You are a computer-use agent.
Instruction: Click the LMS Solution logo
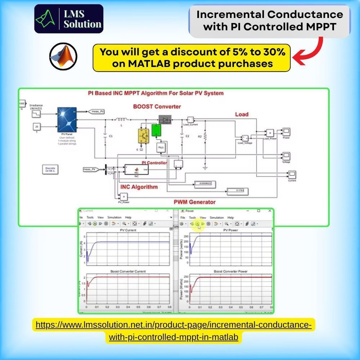coord(68,19)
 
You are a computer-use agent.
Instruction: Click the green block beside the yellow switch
coord(156,130)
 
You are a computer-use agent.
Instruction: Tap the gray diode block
coord(165,120)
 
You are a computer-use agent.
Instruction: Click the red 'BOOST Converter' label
coord(157,107)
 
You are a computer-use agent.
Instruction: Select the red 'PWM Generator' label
coord(194,202)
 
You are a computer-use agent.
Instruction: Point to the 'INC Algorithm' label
coord(139,187)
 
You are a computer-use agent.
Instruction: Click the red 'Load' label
coord(242,114)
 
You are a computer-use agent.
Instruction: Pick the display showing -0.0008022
coord(204,184)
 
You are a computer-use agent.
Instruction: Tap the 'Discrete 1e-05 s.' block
coord(50,169)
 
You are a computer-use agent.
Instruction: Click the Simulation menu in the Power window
coord(217,217)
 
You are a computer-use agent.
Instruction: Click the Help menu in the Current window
coord(128,217)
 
